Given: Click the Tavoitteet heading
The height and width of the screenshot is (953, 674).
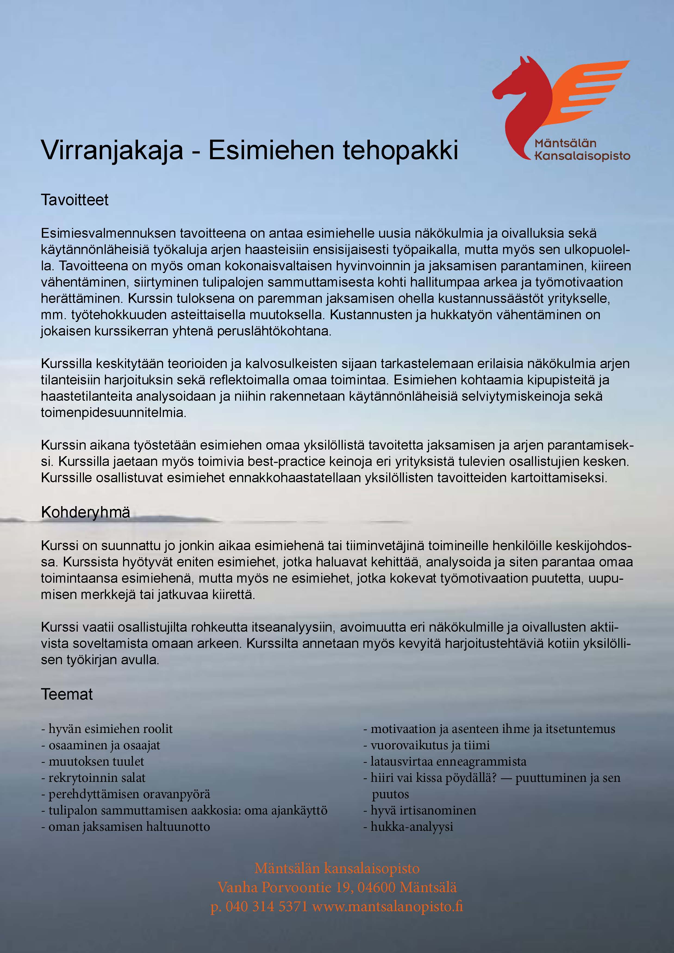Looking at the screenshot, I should coord(74,200).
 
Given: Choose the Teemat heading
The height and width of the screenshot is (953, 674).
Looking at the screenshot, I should coord(66,694).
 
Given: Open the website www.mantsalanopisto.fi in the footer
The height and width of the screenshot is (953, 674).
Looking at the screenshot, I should coord(387,906).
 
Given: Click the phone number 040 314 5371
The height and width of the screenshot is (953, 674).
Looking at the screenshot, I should coord(266,906).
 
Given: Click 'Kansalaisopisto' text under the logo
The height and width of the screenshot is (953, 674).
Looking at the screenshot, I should coord(582,156).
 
